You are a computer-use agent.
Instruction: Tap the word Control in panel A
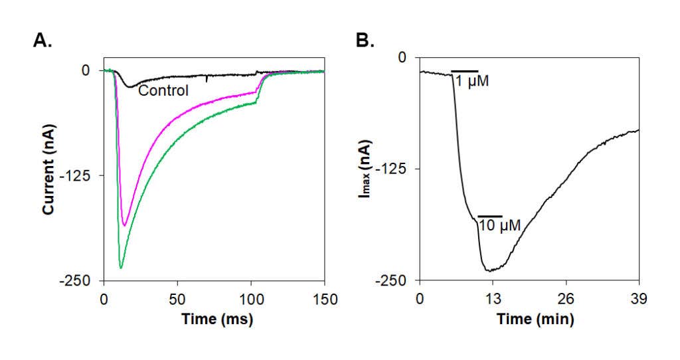tap(163, 90)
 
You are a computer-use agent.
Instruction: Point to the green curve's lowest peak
tap(121, 268)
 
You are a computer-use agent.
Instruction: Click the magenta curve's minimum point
tap(124, 226)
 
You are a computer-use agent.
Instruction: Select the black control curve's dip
tap(129, 87)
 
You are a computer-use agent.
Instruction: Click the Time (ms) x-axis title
tap(217, 319)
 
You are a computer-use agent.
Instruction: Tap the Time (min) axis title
tap(535, 319)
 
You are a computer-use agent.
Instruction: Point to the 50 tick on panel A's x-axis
tap(177, 300)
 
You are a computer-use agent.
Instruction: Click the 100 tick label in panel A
tap(252, 300)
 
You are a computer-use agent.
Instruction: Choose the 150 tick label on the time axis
tap(325, 300)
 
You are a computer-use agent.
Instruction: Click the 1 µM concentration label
tap(472, 81)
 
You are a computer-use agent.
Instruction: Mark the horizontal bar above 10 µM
tap(490, 216)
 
